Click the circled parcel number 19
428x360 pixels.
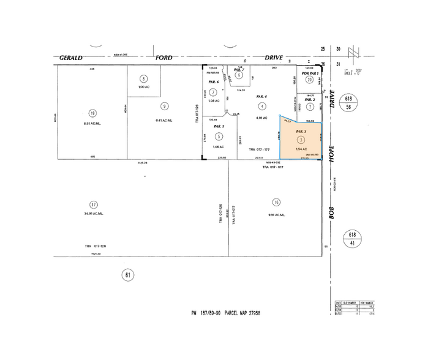[x=92, y=113]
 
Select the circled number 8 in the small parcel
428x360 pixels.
[x=144, y=78]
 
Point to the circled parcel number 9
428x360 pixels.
[x=165, y=107]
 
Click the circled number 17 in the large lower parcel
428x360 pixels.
[x=93, y=205]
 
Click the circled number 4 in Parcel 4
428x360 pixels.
[x=262, y=107]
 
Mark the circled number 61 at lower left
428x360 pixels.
[x=128, y=275]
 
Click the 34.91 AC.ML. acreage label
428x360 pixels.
[x=93, y=214]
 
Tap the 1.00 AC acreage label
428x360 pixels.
[x=144, y=88]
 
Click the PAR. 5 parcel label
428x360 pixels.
[x=219, y=127]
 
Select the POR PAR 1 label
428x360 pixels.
[x=309, y=72]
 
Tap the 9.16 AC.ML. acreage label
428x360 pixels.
[x=277, y=215]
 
